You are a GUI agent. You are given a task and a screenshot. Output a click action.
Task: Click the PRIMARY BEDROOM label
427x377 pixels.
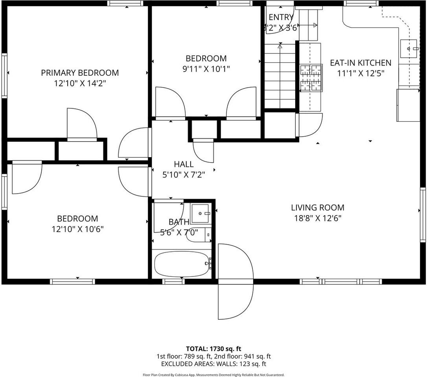click(x=80, y=73)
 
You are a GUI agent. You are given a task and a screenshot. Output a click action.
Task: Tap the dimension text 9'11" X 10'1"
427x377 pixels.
click(x=206, y=68)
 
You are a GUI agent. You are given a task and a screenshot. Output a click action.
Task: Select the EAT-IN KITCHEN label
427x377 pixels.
click(x=360, y=63)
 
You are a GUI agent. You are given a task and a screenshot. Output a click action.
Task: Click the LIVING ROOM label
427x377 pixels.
click(x=317, y=208)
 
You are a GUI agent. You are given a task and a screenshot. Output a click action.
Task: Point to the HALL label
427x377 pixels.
click(x=184, y=165)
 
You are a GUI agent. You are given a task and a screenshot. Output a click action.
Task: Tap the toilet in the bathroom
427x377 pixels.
click(x=199, y=235)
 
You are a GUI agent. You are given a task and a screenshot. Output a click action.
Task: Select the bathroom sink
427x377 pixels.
click(x=201, y=213)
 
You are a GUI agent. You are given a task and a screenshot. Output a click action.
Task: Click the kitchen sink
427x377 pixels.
click(x=410, y=49)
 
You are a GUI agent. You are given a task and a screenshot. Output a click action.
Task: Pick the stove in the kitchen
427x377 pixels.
click(x=311, y=78)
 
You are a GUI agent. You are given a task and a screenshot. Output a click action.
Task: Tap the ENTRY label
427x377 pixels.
click(x=280, y=17)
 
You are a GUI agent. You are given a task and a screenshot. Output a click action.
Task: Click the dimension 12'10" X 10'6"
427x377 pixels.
click(x=77, y=229)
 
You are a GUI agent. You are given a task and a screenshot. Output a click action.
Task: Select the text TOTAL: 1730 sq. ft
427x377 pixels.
click(x=213, y=349)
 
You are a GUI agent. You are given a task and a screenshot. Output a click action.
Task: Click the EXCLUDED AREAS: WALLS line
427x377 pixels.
click(x=213, y=364)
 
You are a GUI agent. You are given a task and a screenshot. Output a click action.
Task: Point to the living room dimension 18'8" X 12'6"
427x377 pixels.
click(x=317, y=218)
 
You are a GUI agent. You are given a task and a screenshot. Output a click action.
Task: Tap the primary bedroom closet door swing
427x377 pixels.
click(x=82, y=123)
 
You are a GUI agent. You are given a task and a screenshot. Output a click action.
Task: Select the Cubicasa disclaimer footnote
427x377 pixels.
click(x=213, y=375)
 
